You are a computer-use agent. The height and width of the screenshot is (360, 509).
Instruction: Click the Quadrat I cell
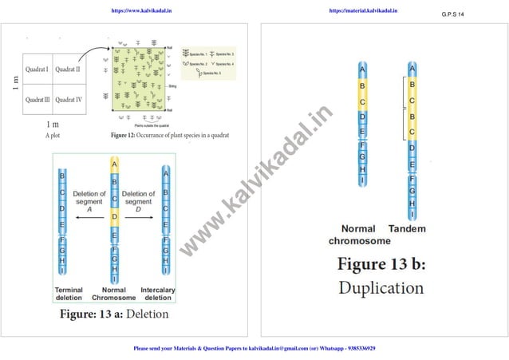pos(37,70)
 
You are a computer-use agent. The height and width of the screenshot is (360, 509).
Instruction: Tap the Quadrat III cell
pos(37,100)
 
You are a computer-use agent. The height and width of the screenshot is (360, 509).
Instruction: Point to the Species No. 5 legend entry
pos(208,73)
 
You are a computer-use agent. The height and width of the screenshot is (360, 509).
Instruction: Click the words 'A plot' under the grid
pos(52,135)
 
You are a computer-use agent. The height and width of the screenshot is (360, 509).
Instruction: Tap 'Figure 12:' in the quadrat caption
pos(127,135)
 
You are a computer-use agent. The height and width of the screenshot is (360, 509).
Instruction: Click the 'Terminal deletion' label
pos(69,294)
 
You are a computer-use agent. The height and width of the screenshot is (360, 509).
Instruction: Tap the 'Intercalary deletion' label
pos(158,294)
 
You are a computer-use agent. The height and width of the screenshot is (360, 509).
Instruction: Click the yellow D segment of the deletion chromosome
pos(114,216)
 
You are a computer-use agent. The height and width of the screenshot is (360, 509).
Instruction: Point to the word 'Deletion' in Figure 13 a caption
pos(148,314)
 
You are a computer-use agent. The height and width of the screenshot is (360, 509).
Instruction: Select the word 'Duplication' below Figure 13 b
pos(381,287)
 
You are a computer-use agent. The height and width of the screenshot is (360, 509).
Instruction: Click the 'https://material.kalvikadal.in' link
pos(363,11)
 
